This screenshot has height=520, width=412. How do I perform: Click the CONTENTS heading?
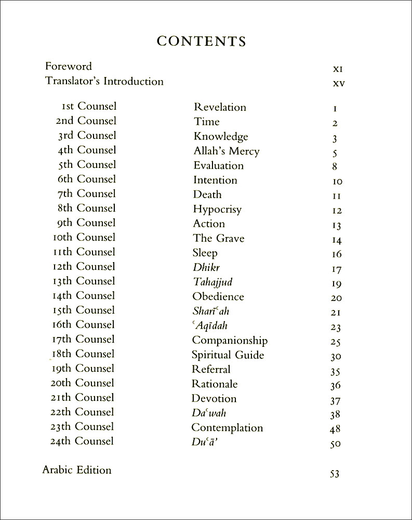(202, 41)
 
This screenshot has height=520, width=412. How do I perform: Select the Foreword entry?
(69, 67)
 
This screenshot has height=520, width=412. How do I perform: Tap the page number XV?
(339, 83)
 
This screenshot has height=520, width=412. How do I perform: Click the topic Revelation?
(220, 107)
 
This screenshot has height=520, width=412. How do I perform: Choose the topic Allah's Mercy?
(226, 151)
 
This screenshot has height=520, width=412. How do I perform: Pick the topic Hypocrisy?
(217, 210)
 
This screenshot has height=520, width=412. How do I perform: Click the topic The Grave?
(218, 239)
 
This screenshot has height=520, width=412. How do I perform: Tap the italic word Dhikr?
(206, 268)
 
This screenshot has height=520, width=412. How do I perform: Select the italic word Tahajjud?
(212, 282)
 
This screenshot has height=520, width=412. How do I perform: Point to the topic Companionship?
(230, 341)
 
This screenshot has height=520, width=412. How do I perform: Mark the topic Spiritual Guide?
(228, 355)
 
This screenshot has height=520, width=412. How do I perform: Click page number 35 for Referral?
(336, 372)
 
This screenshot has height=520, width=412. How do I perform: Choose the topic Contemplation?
(227, 428)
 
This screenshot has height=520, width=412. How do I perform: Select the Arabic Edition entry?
(77, 470)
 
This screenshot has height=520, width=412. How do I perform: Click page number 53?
(335, 474)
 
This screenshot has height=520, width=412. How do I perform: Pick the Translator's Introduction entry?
(104, 82)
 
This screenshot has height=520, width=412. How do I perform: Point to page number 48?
(336, 430)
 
